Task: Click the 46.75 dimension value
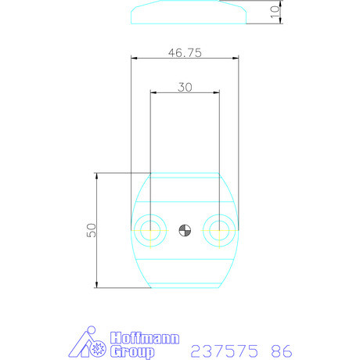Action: pyautogui.click(x=184, y=52)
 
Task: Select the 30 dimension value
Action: pyautogui.click(x=185, y=87)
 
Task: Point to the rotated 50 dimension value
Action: pyautogui.click(x=91, y=230)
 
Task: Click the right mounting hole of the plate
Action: pyautogui.click(x=218, y=230)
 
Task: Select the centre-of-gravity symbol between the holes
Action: pyautogui.click(x=184, y=230)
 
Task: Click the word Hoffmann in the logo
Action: pyautogui.click(x=145, y=338)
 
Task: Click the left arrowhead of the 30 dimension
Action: pyautogui.click(x=153, y=92)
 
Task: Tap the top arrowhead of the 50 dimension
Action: pyautogui.click(x=96, y=176)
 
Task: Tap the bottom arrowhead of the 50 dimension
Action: pyautogui.click(x=96, y=284)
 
